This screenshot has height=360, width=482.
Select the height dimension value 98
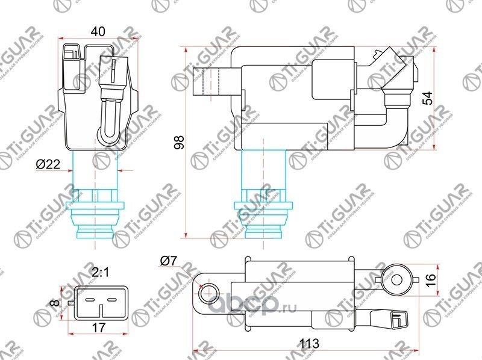tap(178, 142)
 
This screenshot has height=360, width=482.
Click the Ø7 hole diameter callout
tap(169, 261)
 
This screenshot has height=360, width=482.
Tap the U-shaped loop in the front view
tap(110, 117)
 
